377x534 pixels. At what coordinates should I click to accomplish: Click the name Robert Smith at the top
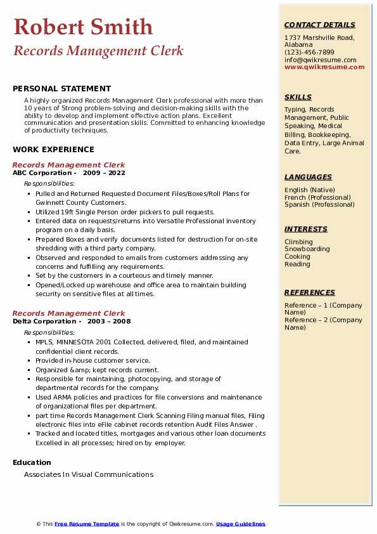coord(83,27)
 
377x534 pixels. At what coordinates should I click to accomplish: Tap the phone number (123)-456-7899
coord(309,53)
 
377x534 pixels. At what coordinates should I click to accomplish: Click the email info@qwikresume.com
coord(320,60)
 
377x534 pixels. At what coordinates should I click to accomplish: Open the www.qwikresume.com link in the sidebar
coord(320,67)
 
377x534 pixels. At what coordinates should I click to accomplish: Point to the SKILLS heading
coord(298,98)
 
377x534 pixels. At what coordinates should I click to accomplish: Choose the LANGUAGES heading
coord(308,178)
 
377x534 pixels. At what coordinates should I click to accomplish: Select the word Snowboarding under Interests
coord(307,249)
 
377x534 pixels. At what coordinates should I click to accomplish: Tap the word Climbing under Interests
coord(298,242)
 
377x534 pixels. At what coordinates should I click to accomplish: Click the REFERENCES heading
coord(309,293)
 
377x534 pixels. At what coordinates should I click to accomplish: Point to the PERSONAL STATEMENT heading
coord(61,89)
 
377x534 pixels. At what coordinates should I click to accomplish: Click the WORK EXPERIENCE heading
coord(53,150)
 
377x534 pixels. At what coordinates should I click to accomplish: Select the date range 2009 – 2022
coord(104,173)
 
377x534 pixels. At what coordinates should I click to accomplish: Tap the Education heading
coord(32,462)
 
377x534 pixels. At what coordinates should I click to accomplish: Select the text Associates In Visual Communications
coord(89,474)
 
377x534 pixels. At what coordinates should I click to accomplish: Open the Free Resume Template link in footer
coord(87,524)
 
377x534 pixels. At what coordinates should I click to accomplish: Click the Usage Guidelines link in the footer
coord(240,524)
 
